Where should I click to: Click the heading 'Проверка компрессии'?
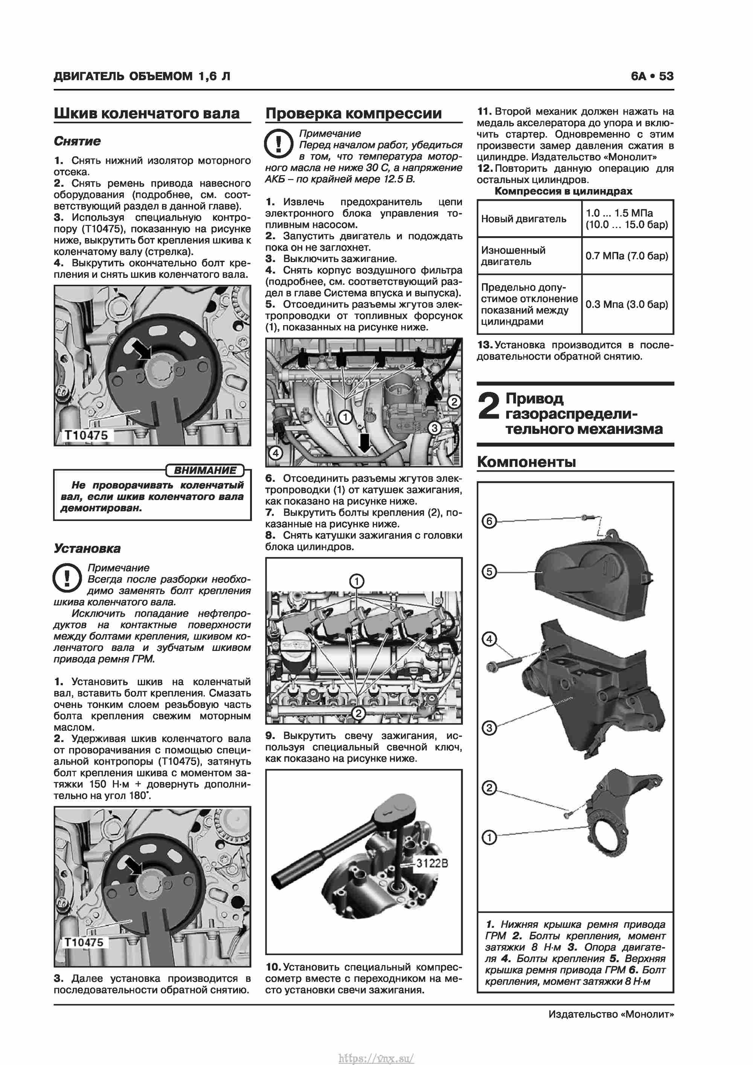(353, 113)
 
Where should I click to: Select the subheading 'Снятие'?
(77, 141)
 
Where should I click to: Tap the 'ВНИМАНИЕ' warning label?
(205, 471)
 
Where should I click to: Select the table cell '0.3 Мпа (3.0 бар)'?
(626, 304)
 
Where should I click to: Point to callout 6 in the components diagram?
(489, 521)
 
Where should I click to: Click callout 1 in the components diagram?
(489, 837)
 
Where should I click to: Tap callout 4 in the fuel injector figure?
(276, 453)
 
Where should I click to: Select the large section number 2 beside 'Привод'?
(489, 405)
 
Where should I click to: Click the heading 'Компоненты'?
(526, 462)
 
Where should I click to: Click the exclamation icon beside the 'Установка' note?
(68, 578)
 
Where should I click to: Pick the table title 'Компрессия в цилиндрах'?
(563, 191)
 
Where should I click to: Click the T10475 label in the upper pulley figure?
(86, 435)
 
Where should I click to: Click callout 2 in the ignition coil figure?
(358, 713)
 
